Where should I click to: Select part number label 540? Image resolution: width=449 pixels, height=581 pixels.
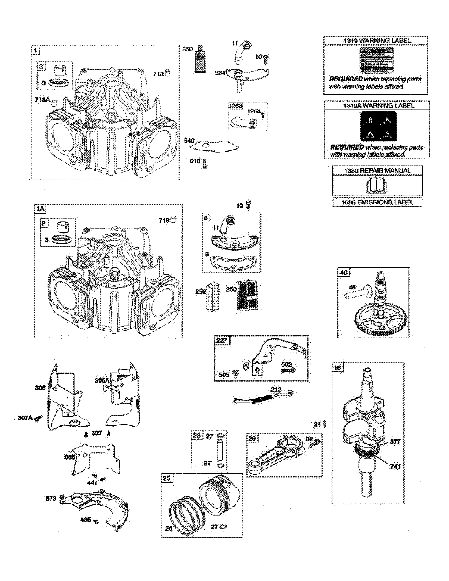pos(189,140)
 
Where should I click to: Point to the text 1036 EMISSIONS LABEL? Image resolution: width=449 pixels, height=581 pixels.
pos(377,202)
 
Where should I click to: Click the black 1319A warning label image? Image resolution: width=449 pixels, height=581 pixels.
pos(378,126)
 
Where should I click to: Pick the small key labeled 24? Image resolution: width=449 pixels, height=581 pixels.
pos(324,424)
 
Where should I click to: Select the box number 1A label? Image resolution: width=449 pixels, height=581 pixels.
pos(40,209)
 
